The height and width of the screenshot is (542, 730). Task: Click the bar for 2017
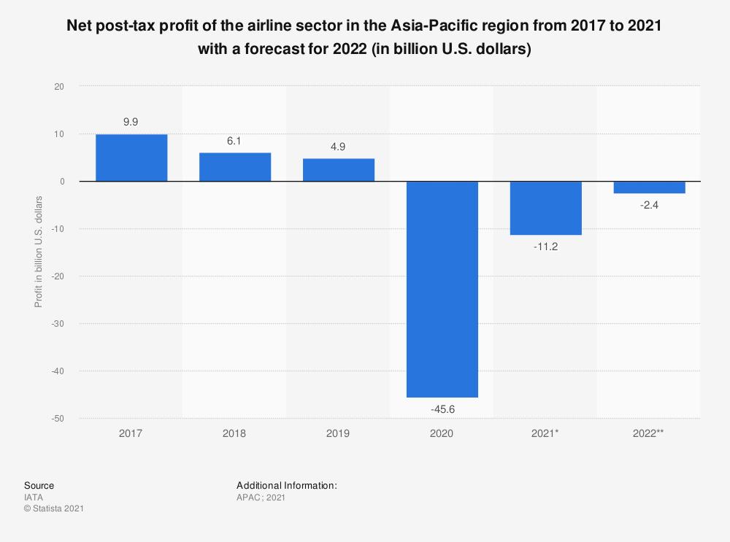point(131,158)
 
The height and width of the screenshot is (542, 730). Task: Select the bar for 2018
point(235,167)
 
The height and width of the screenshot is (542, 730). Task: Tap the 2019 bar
point(339,170)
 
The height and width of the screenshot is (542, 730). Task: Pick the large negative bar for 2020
point(442,289)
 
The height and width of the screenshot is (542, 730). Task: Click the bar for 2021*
point(546,208)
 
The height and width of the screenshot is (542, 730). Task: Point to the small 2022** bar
point(650,187)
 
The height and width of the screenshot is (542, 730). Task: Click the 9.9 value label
point(131,123)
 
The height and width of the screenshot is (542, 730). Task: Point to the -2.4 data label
point(650,206)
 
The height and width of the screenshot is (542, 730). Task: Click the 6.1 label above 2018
point(235,141)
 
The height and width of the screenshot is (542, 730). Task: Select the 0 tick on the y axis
point(62,182)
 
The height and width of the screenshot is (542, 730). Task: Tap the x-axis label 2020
point(442,433)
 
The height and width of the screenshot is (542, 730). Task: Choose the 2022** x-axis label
point(650,433)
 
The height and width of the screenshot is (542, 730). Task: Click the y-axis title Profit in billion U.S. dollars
point(38,252)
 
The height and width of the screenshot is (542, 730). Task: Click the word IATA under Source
point(34,498)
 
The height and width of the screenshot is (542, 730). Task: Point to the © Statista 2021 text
point(54,508)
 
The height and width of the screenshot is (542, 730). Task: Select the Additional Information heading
point(286,485)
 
